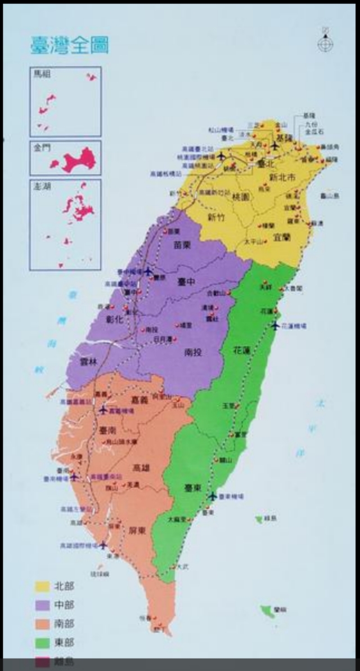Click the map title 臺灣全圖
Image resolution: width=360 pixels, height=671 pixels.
(x=69, y=44)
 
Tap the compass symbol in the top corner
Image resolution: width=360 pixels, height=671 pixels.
(x=325, y=43)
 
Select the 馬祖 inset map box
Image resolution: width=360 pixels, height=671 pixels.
(x=65, y=101)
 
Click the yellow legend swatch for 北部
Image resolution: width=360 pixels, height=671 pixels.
(x=42, y=586)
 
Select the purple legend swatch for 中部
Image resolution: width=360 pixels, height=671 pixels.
(x=42, y=605)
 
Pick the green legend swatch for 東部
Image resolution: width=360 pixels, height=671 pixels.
(x=42, y=642)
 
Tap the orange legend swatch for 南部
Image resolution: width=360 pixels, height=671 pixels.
(x=42, y=624)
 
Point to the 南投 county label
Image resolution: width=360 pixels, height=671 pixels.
(x=193, y=353)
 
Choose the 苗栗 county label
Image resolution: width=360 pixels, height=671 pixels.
(x=184, y=245)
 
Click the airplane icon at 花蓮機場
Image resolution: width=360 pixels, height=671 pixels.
(x=274, y=326)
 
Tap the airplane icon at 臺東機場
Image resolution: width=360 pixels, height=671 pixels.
(x=212, y=496)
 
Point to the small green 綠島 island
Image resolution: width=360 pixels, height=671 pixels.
(x=259, y=519)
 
